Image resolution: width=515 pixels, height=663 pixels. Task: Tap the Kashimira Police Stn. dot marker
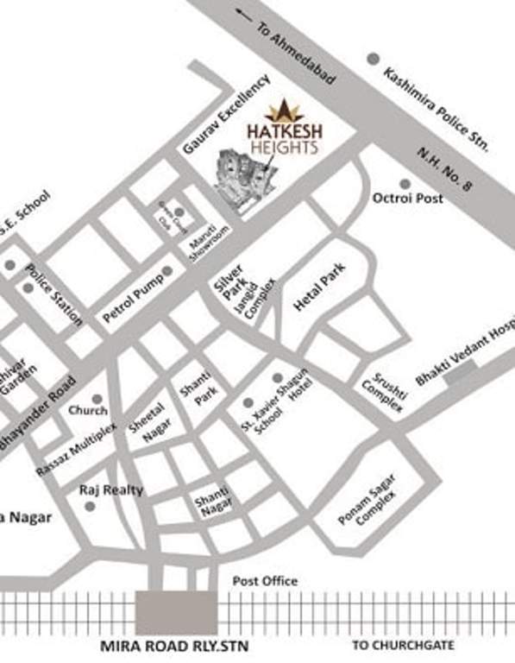pyautogui.click(x=373, y=58)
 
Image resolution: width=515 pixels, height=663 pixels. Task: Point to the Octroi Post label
pyautogui.click(x=407, y=199)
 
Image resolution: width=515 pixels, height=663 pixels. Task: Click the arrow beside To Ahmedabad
pyautogui.click(x=248, y=15)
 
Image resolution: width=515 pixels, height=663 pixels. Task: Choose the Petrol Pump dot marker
pyautogui.click(x=167, y=270)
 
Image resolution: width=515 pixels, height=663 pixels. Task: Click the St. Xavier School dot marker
pyautogui.click(x=248, y=402)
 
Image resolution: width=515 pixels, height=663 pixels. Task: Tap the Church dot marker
pyautogui.click(x=97, y=399)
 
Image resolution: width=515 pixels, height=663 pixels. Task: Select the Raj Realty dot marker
pyautogui.click(x=90, y=506)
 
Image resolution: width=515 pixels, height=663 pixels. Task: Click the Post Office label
pyautogui.click(x=265, y=581)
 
